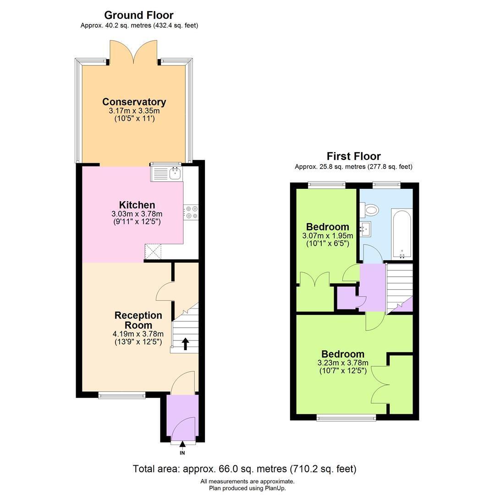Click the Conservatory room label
[134, 102]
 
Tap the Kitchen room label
[137, 204]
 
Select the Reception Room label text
[138, 320]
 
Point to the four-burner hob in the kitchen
[191, 212]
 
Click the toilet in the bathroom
[369, 209]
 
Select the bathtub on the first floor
[401, 234]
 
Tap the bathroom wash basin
[366, 228]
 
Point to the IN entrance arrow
[182, 445]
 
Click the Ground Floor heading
[138, 15]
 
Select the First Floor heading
[353, 156]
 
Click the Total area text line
[244, 469]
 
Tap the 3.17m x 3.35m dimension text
[134, 111]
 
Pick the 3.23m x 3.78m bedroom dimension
[343, 363]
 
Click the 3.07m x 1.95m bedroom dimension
[328, 236]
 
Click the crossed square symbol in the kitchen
[153, 252]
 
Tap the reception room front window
[122, 395]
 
